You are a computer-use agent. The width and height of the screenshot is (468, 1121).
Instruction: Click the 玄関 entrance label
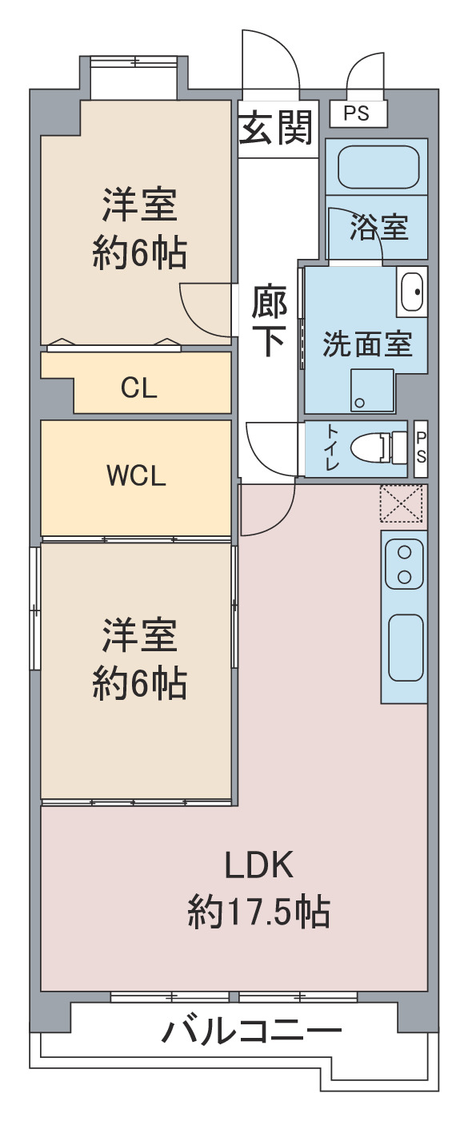[276, 127]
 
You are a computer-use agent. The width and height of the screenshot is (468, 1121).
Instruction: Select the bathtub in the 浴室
[378, 167]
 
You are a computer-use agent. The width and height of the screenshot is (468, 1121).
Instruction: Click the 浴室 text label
[378, 227]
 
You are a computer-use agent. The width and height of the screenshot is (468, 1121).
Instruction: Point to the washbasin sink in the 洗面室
[412, 292]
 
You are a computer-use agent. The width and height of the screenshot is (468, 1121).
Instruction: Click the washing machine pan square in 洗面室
[372, 391]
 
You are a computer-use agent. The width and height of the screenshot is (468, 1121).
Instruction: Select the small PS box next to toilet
[421, 448]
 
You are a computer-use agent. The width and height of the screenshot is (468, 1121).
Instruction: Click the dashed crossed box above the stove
[402, 503]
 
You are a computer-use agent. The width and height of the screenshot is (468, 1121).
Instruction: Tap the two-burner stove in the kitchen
[404, 565]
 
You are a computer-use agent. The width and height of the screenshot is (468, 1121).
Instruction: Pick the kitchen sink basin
[406, 647]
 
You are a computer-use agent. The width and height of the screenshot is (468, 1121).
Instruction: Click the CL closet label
[138, 388]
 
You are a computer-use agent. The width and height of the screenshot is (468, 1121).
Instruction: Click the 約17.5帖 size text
[259, 912]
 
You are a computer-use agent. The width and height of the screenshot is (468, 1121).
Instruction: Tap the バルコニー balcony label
[251, 1031]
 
